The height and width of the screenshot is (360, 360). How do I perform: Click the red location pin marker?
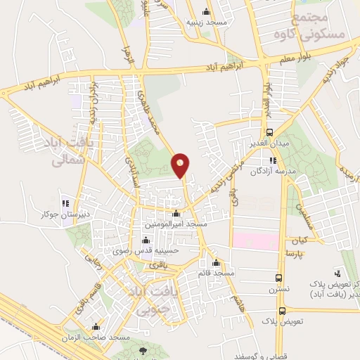tap(181, 165)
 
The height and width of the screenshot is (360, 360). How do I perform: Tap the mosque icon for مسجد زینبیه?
tap(205, 11)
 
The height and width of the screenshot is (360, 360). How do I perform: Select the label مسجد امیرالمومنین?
tap(175, 224)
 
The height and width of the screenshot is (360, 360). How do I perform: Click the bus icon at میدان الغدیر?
tap(269, 132)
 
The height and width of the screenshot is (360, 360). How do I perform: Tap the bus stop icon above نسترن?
tap(279, 278)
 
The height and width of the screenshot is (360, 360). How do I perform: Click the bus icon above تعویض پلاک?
tap(282, 311)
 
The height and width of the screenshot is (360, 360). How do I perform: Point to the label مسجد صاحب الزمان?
tap(96, 338)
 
